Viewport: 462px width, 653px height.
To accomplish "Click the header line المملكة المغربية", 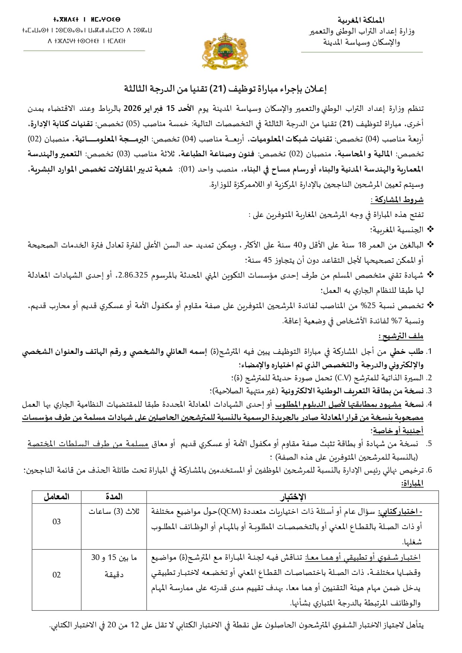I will (361, 20).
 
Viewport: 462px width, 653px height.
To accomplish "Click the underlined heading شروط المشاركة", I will (397, 199).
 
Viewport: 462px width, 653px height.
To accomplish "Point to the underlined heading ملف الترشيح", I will (401, 336).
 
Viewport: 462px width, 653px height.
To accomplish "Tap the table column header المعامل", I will (57, 497).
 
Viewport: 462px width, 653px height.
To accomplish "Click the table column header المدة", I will (114, 497).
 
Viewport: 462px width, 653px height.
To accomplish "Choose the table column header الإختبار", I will (293, 497).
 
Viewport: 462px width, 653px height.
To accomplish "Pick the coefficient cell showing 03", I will (57, 522).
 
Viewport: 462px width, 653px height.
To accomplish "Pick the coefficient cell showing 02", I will (57, 575).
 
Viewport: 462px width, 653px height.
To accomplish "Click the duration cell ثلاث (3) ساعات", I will (114, 512).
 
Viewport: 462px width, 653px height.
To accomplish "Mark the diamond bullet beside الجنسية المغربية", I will (430, 230).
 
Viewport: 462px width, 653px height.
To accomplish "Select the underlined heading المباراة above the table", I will (412, 484).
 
